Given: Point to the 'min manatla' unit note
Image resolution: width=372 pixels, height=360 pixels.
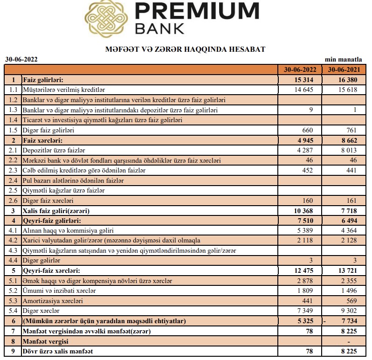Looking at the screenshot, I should (344, 59).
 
